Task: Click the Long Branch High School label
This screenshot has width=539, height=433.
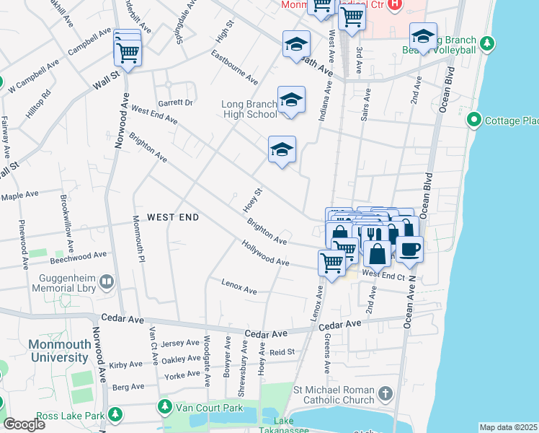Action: [x=249, y=109]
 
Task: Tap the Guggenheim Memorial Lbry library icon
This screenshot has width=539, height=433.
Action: [x=107, y=281]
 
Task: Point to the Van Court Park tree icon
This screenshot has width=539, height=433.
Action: [x=164, y=408]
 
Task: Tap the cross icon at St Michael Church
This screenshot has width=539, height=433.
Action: [x=386, y=394]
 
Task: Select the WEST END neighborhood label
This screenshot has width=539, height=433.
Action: [x=172, y=217]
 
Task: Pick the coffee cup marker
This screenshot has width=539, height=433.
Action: [x=409, y=248]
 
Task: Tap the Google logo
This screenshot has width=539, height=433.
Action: [x=24, y=424]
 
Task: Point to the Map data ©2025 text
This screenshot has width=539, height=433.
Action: [x=508, y=427]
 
